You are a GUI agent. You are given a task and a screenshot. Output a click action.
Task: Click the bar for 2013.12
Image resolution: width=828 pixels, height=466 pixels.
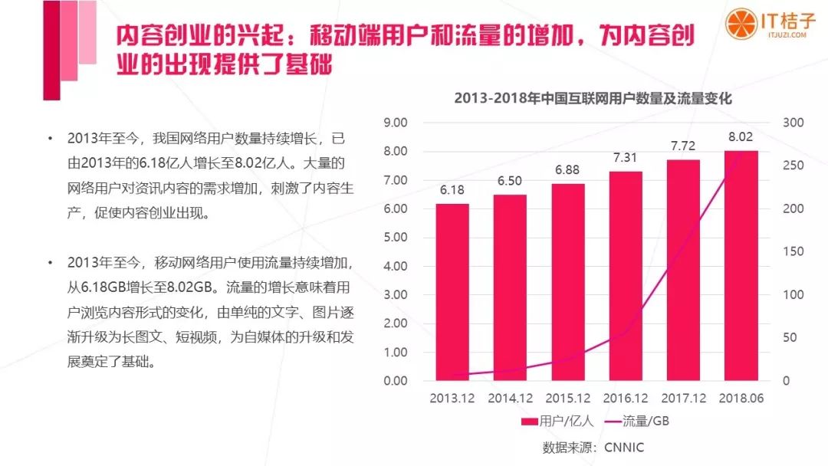tap(452, 292)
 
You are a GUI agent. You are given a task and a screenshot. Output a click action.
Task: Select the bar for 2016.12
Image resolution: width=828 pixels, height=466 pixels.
tap(626, 276)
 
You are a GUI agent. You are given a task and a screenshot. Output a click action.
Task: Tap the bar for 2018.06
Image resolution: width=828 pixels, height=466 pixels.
tap(741, 265)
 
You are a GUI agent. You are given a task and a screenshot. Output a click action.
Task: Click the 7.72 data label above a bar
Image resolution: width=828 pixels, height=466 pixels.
tap(684, 145)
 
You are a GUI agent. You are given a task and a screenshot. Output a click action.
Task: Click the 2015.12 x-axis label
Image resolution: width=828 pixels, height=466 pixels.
tap(568, 399)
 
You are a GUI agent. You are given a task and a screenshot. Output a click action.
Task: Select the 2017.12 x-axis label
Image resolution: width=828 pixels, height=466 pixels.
tap(683, 399)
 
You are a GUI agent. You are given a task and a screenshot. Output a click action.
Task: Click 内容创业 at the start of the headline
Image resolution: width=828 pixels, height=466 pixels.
tap(157, 37)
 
